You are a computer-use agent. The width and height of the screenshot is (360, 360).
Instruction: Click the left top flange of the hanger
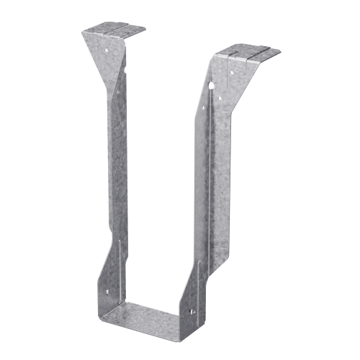tap(113, 32)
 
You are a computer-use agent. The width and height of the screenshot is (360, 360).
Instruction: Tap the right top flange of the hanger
tap(248, 54)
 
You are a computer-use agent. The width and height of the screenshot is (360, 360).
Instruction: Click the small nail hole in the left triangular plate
tap(107, 50)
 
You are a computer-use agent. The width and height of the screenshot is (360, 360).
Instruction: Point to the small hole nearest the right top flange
tap(231, 71)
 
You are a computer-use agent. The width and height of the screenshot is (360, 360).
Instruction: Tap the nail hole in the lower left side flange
tap(108, 292)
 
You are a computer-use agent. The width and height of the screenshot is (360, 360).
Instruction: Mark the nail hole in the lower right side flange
tap(192, 311)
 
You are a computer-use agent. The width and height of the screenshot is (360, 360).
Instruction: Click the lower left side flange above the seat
tap(113, 277)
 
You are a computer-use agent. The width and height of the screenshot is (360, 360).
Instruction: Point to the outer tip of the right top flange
tap(279, 51)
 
